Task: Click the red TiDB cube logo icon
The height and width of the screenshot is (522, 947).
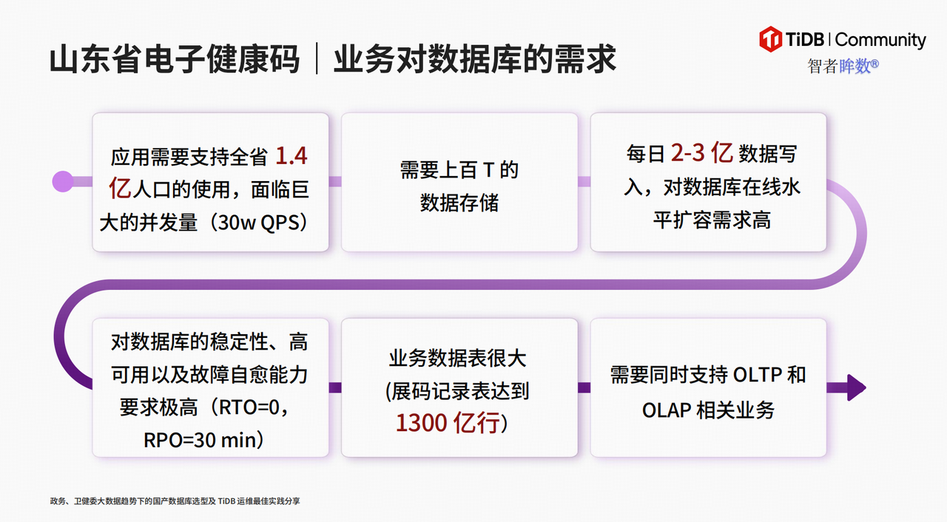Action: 771,39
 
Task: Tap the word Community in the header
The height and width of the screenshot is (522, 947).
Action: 880,40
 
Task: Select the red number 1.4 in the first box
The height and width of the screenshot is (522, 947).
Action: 291,156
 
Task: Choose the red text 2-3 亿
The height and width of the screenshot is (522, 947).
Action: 701,154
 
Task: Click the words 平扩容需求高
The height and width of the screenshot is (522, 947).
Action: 712,220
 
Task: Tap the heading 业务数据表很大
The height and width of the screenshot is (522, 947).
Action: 458,359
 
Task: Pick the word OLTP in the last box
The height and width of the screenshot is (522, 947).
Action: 757,375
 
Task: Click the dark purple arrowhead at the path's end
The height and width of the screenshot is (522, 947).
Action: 855,387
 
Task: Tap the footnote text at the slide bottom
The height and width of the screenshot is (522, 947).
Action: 175,501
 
